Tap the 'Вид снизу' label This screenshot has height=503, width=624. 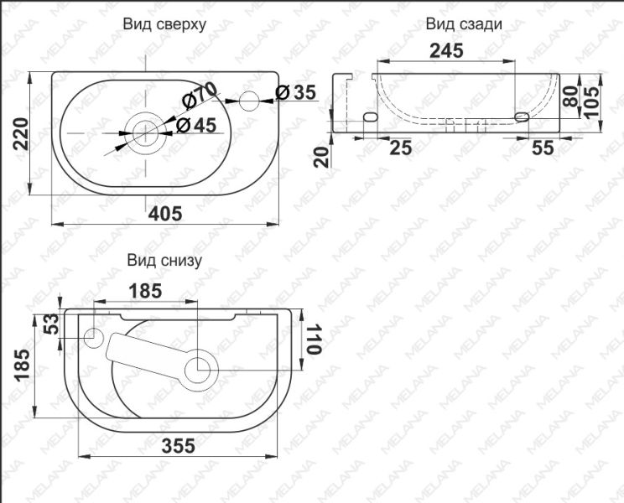[165, 261]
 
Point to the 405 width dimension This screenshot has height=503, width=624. [166, 213]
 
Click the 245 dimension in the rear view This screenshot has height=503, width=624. [448, 51]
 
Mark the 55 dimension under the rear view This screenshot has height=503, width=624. [544, 148]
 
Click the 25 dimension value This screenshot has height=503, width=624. [400, 148]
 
